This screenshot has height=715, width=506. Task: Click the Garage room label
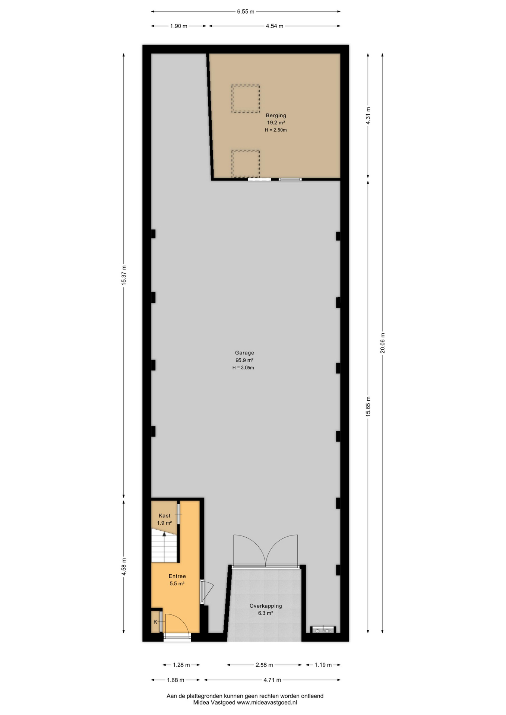tap(244, 353)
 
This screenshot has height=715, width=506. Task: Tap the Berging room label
tap(276, 115)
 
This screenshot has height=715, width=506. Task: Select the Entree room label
tap(177, 576)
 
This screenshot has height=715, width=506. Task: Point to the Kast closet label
tap(164, 516)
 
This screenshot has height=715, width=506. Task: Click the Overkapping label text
tap(266, 606)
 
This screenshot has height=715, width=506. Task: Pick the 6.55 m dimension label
tap(246, 12)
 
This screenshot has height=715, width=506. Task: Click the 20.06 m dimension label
tap(382, 343)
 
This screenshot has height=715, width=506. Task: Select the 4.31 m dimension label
tap(368, 115)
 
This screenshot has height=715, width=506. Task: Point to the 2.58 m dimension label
tap(264, 665)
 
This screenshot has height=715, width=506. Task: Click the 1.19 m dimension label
tap(323, 665)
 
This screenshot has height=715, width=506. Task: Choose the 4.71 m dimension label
tap(272, 680)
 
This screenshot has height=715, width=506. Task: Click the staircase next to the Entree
tap(164, 546)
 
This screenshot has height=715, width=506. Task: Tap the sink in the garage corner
tap(323, 630)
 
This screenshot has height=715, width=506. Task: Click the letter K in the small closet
tap(155, 622)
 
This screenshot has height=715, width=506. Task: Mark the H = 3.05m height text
tap(243, 368)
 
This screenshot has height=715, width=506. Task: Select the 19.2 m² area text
tap(276, 123)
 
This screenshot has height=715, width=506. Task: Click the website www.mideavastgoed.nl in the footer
tap(267, 703)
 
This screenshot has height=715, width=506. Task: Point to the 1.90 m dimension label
tap(178, 26)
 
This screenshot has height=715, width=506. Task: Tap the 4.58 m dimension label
tap(124, 566)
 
